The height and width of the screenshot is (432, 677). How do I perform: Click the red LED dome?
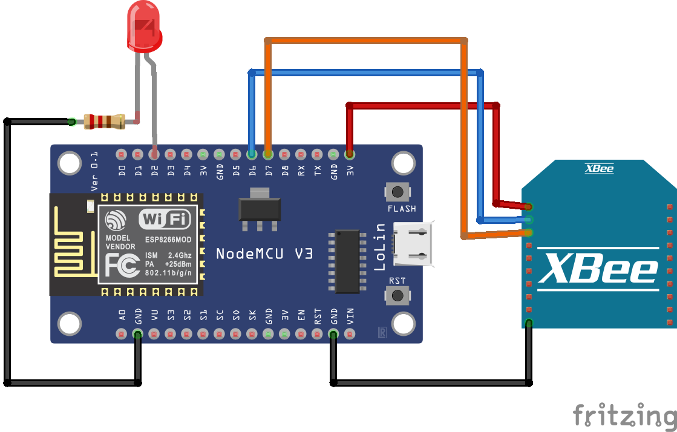tap(144, 27)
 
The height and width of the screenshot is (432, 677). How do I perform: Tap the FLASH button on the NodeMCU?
tap(397, 192)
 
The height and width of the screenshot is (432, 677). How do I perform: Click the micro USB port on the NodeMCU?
tap(413, 243)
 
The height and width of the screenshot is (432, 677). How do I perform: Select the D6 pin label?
tap(252, 171)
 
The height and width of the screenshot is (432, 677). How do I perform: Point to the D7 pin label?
tap(269, 171)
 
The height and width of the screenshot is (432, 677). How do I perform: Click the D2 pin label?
tap(155, 171)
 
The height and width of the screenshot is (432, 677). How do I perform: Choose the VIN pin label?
tap(350, 316)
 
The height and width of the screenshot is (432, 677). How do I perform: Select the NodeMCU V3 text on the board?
tap(264, 254)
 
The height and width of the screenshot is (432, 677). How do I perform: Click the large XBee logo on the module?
tap(598, 269)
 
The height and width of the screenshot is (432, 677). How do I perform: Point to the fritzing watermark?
tap(624, 416)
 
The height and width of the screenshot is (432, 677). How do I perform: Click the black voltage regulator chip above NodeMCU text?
tap(260, 209)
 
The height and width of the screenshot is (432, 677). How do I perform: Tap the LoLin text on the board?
tap(380, 246)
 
